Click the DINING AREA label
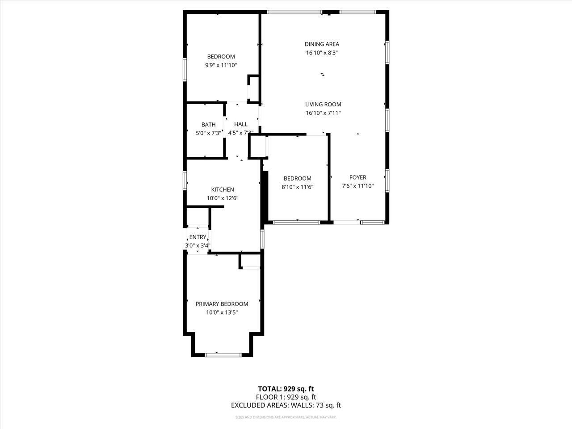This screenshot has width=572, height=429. click(322, 44)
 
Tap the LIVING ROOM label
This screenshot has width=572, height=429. click(323, 104)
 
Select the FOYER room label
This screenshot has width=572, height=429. click(357, 177)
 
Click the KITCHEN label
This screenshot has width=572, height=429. click(223, 189)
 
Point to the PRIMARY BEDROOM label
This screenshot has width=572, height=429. click(222, 304)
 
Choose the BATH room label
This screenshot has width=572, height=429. click(208, 125)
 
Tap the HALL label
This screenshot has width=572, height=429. click(240, 124)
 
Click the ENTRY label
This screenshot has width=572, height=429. click(198, 237)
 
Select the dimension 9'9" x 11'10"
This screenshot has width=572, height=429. click(221, 65)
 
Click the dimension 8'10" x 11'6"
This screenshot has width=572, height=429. click(297, 187)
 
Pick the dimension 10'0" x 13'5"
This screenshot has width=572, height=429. click(222, 313)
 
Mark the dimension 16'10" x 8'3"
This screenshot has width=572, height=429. click(322, 53)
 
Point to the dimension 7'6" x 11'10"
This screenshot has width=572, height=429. click(357, 186)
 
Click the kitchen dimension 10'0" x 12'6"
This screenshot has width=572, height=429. click(223, 198)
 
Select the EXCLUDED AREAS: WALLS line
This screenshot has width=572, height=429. click(286, 405)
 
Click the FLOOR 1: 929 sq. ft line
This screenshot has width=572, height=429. click(286, 397)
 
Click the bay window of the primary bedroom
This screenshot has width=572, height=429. click(223, 355)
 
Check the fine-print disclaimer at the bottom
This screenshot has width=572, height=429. click(286, 417)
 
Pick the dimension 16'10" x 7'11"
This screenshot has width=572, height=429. click(323, 113)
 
